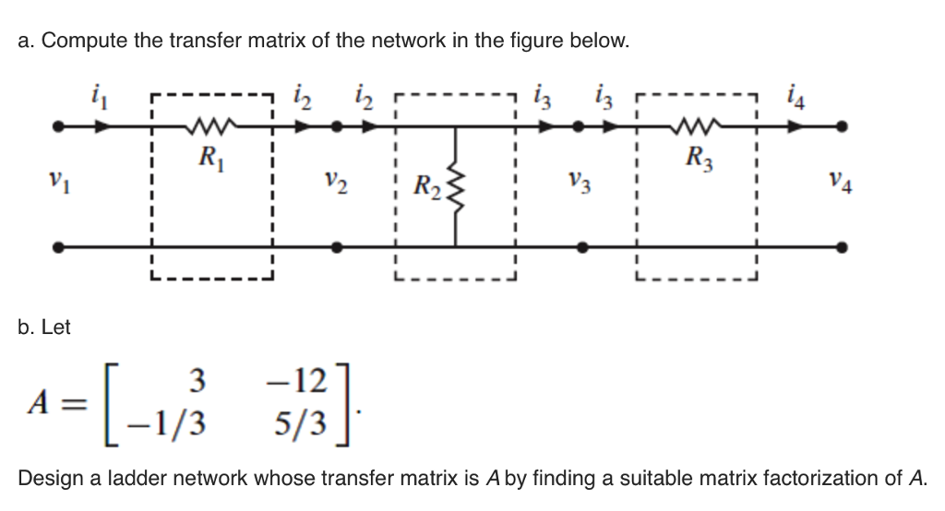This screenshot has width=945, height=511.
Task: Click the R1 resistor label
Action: click(x=210, y=156)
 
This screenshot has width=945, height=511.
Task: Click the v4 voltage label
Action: click(x=842, y=185)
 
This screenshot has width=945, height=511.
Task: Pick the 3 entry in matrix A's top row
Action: click(x=194, y=380)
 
